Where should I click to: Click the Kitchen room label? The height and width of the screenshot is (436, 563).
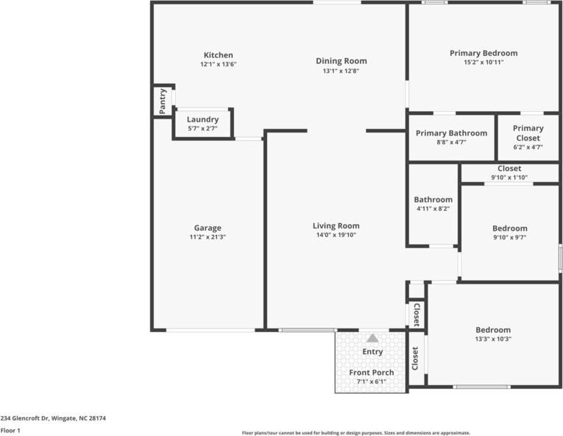pos(218,55)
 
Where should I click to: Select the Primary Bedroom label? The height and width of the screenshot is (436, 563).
pos(484,53)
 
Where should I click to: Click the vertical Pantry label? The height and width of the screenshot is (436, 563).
pos(163,101)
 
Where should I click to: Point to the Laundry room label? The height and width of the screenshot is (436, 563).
pos(202,119)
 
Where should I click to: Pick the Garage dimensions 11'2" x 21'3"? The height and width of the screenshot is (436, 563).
pos(208,237)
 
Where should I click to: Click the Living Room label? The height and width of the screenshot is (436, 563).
pos(336,226)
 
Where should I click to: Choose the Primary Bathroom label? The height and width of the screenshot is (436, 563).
pos(451,133)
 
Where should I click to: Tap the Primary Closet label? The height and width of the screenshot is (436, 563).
pos(528,133)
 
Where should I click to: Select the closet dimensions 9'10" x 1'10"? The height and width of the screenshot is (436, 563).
pos(509,177)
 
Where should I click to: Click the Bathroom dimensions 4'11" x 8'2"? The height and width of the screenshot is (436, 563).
pos(433,208)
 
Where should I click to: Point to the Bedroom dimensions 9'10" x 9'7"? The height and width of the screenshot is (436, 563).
pos(509,237)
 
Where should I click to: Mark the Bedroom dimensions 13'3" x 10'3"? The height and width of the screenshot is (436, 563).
pos(492,339)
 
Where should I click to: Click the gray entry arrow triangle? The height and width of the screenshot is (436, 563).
pos(373,338)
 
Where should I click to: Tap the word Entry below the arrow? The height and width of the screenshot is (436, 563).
pos(373,352)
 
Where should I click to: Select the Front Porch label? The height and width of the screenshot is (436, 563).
pos(371,373)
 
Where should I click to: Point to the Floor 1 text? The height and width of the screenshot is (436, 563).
pos(10,430)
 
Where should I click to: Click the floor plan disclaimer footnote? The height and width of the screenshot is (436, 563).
pos(355,433)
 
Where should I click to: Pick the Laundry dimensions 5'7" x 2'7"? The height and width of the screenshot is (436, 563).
pos(202,128)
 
